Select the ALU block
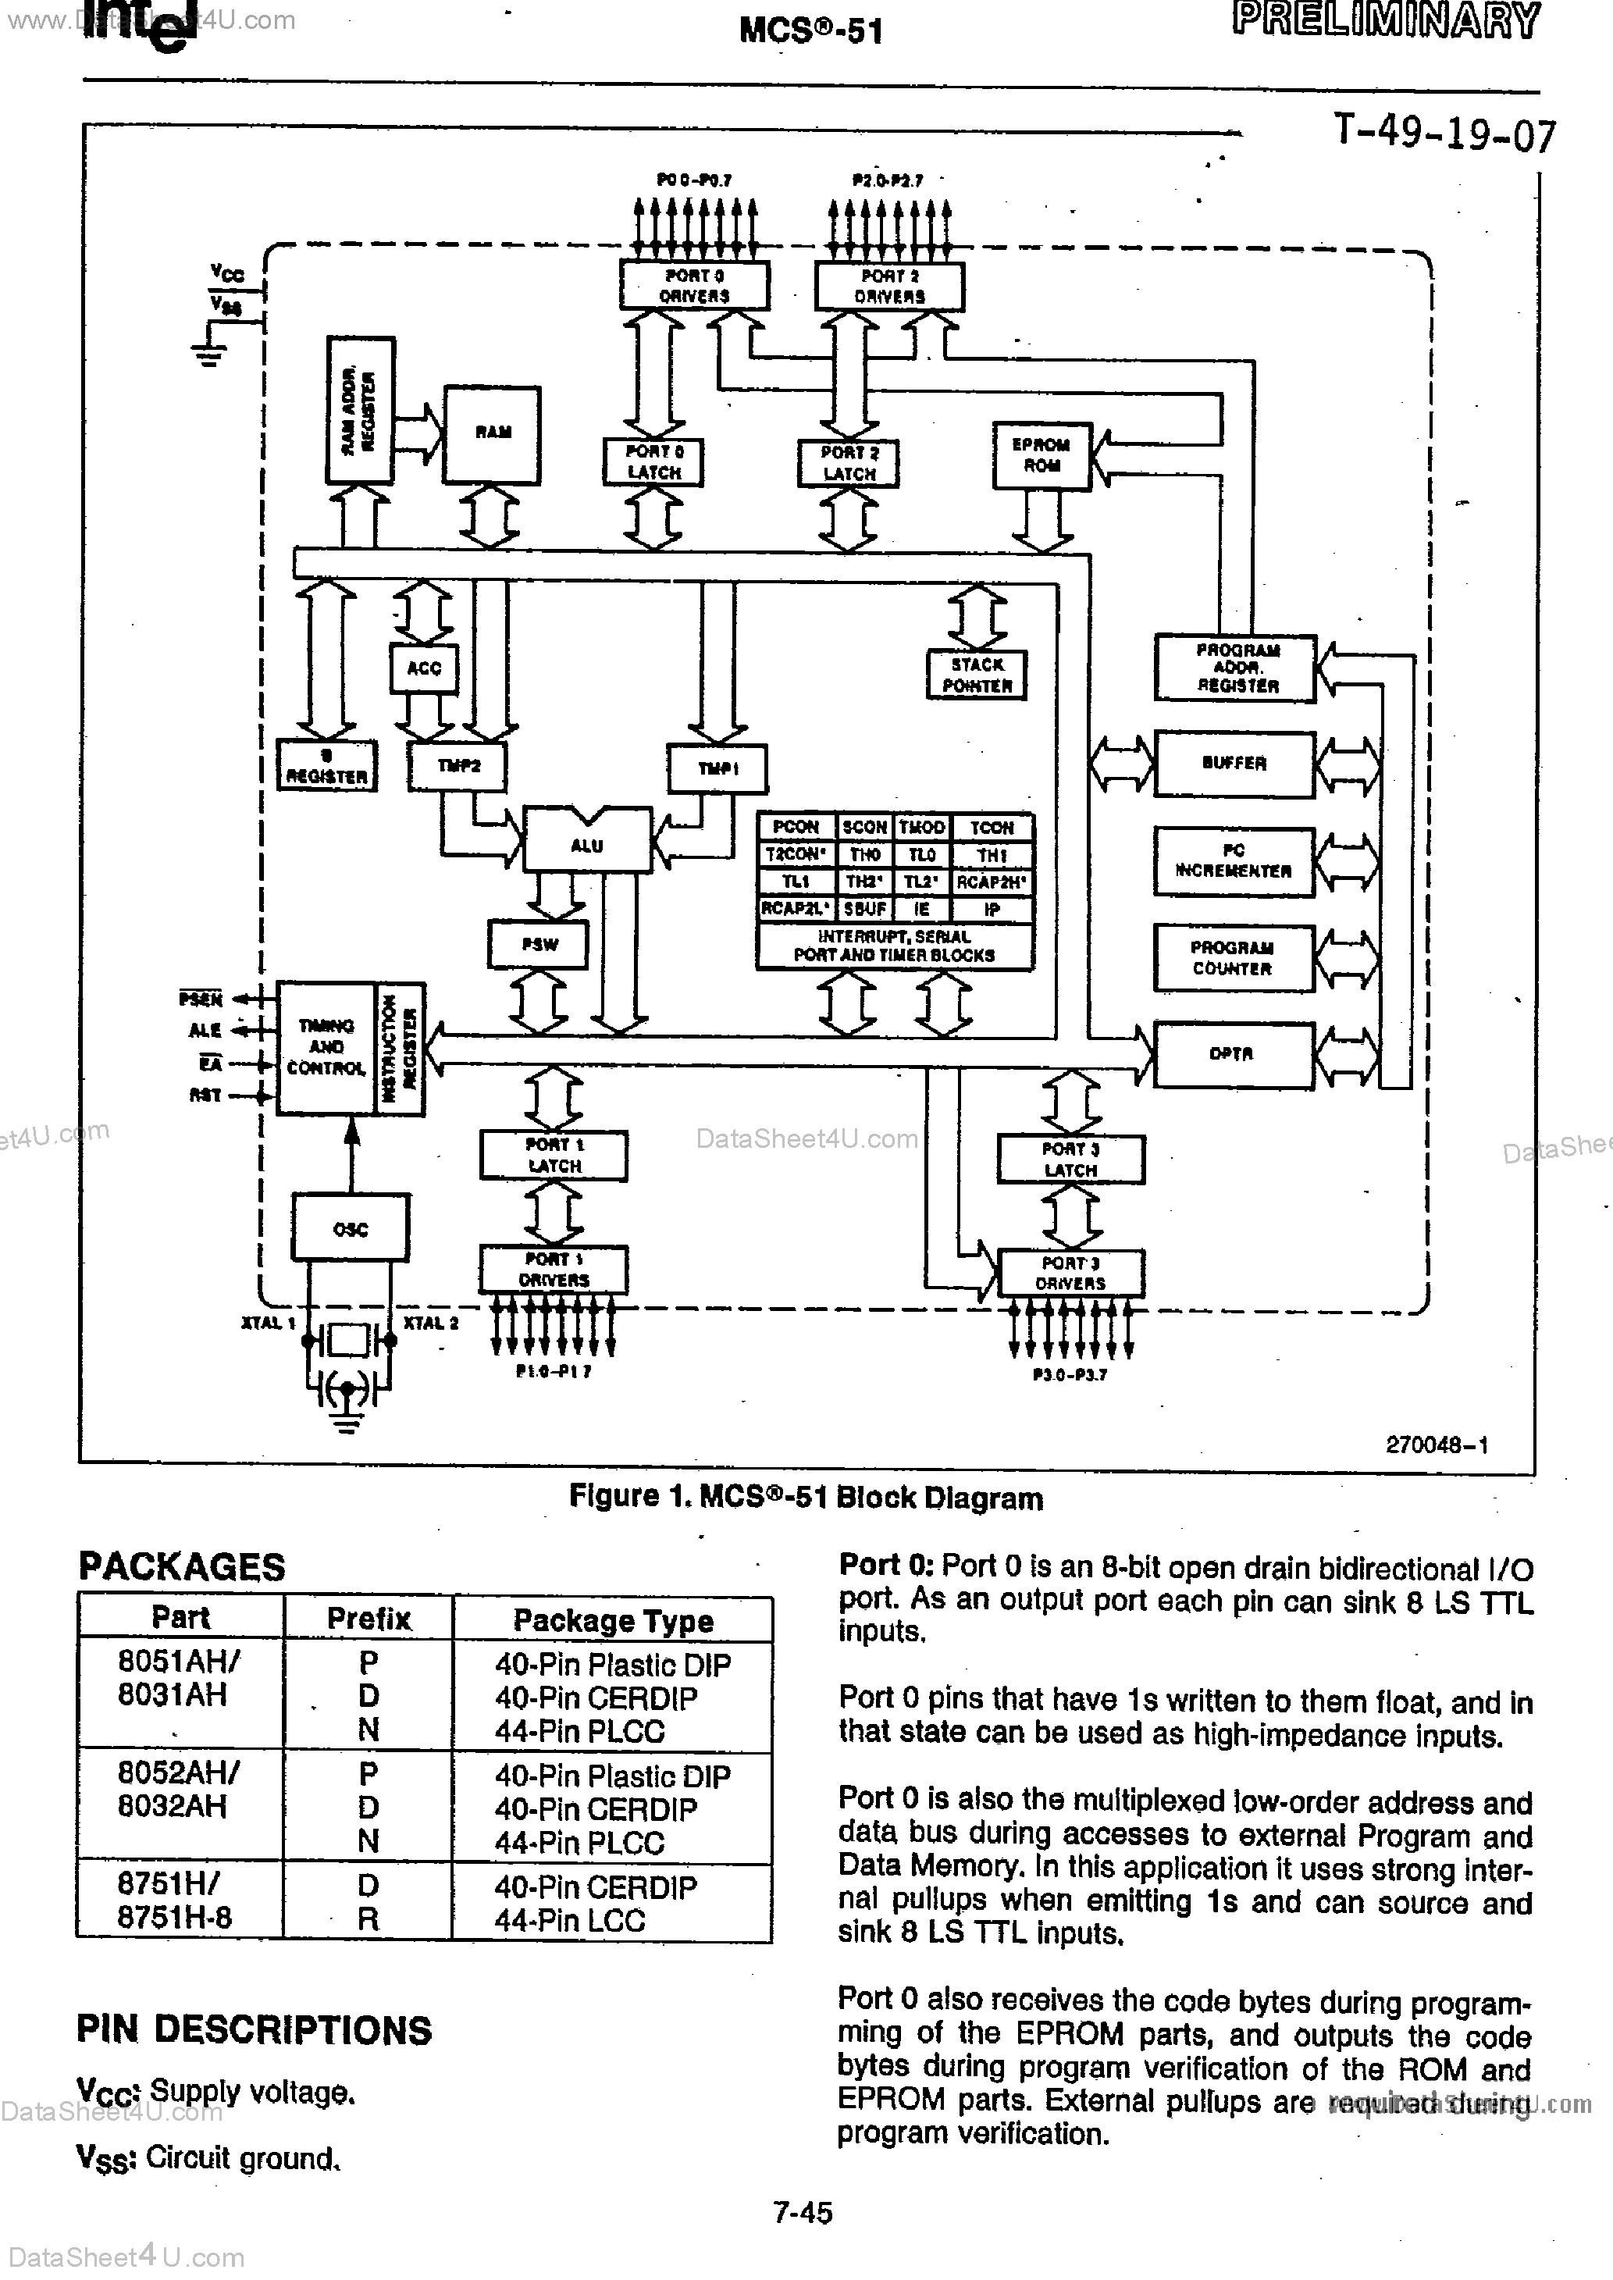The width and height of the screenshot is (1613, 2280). [x=586, y=845]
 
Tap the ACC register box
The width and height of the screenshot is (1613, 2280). [x=423, y=668]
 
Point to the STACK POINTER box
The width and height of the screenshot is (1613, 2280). [x=977, y=675]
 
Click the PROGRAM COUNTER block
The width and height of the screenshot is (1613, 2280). [x=1233, y=958]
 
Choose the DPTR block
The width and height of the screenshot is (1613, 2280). [x=1233, y=1053]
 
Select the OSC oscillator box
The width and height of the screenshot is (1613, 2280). [x=351, y=1228]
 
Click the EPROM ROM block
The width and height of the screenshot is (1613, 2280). [x=1041, y=454]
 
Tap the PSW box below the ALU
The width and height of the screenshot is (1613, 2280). [x=539, y=943]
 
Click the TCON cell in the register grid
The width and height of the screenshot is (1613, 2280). [x=992, y=827]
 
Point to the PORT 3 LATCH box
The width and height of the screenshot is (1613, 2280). [x=1070, y=1159]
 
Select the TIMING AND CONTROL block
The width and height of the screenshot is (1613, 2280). [x=326, y=1048]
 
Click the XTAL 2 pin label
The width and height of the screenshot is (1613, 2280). [x=431, y=1323]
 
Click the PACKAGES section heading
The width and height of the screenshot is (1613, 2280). [x=182, y=1566]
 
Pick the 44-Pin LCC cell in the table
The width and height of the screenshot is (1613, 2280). [x=570, y=1919]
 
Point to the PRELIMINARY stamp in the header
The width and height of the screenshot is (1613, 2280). [x=1386, y=21]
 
